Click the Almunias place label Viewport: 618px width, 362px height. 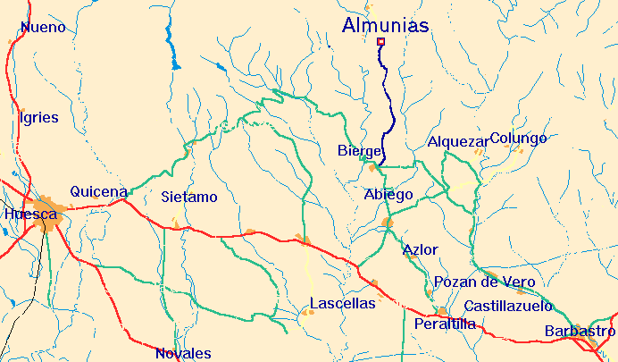click(x=386, y=26)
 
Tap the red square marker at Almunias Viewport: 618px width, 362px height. click(x=381, y=42)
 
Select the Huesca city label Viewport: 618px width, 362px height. click(x=30, y=215)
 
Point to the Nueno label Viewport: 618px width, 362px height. click(x=43, y=28)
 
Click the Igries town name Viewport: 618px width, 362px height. click(x=38, y=117)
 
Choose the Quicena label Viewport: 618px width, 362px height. click(x=98, y=191)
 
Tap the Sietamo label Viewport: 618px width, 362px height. click(x=189, y=197)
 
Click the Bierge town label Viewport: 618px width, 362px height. click(x=360, y=151)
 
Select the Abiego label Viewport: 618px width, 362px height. click(x=388, y=195)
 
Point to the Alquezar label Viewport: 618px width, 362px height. click(x=458, y=142)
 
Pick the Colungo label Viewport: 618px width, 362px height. click(x=518, y=139)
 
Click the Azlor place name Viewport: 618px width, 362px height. click(x=420, y=249)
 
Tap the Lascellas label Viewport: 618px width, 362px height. click(x=343, y=304)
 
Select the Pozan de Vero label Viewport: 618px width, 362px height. click(x=485, y=282)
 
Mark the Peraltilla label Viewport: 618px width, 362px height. click(x=446, y=324)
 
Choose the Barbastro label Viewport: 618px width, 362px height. click(x=580, y=332)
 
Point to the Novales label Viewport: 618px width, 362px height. click(x=183, y=353)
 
